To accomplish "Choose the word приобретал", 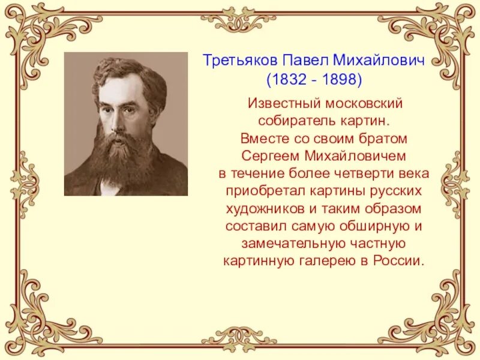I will tap(262, 191).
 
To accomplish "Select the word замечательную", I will tap(285, 244).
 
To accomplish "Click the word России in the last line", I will tap(400, 262).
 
